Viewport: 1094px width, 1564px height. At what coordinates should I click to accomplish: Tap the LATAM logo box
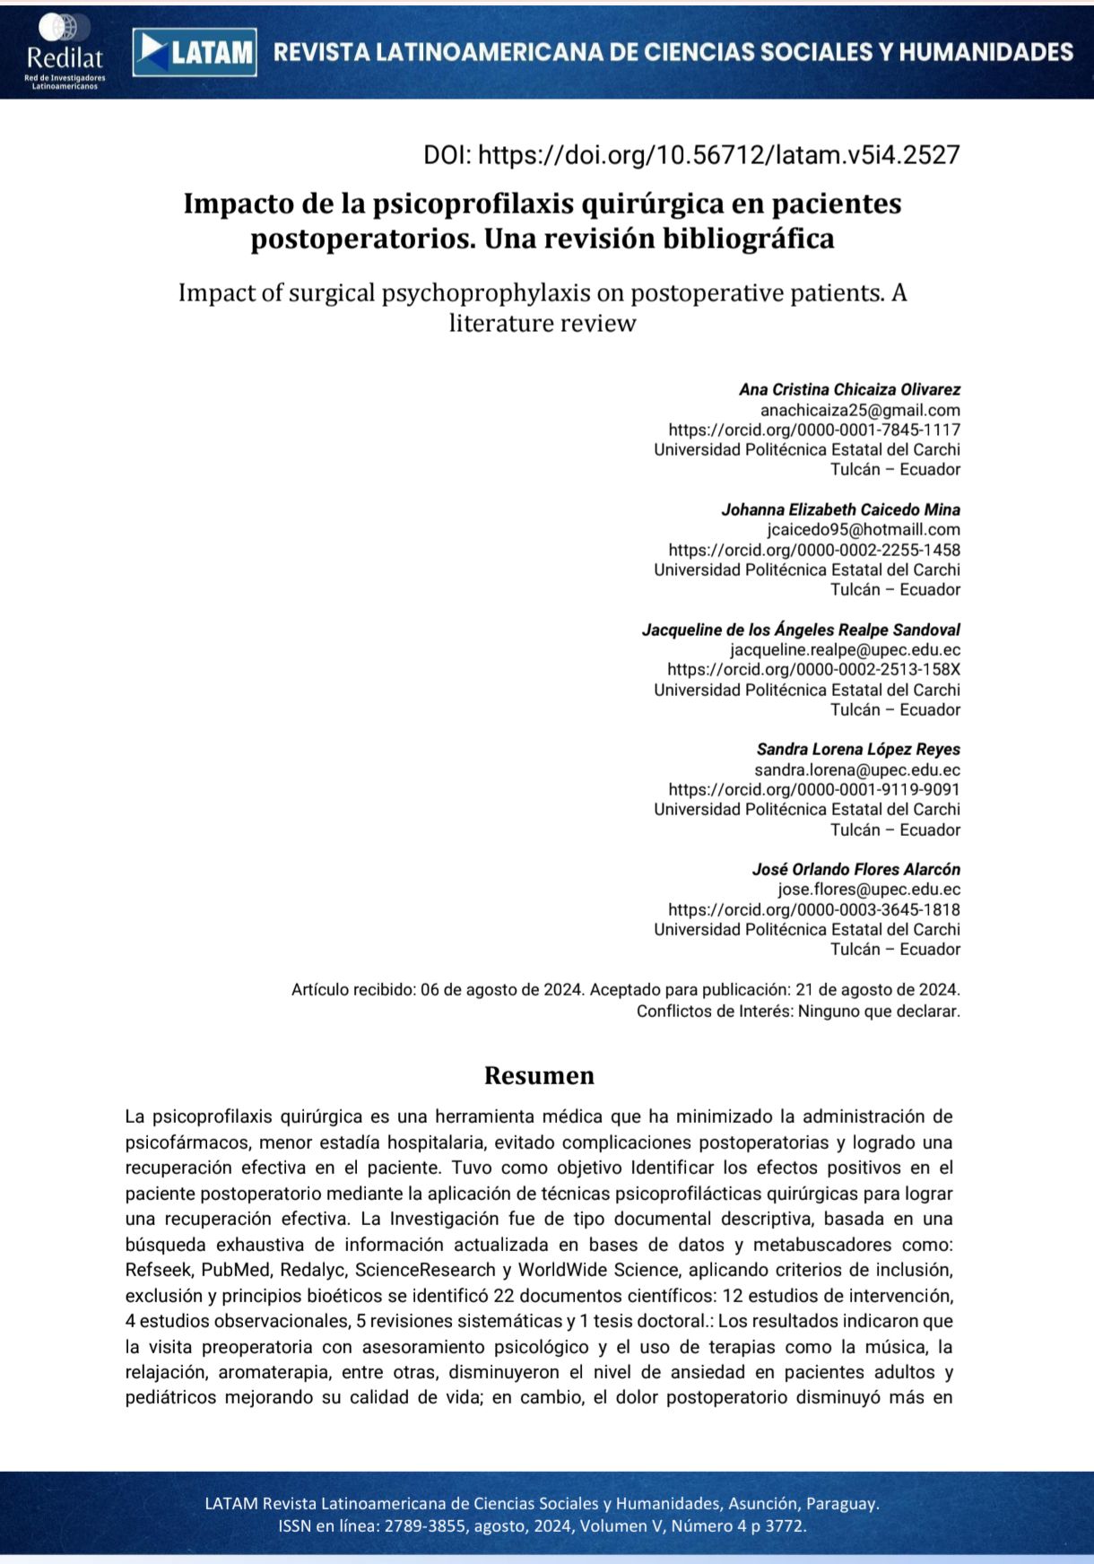(x=195, y=52)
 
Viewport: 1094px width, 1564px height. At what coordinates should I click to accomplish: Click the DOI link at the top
(x=691, y=155)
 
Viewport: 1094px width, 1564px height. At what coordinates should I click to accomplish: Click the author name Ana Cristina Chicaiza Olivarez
(x=849, y=389)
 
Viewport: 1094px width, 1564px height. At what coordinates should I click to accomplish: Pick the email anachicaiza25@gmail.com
(x=860, y=410)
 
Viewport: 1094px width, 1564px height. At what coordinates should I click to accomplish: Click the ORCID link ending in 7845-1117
(x=813, y=430)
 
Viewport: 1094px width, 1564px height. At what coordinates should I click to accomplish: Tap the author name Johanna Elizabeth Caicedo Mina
(x=840, y=509)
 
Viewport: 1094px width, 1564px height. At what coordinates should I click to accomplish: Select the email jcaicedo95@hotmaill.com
(x=864, y=529)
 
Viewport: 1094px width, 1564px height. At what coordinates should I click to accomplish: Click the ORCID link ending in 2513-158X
(x=813, y=669)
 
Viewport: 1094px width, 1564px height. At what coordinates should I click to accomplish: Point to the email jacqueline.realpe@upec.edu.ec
(x=845, y=649)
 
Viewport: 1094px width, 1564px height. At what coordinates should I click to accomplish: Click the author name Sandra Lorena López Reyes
(x=858, y=749)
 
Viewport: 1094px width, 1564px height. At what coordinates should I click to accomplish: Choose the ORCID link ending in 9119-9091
(x=813, y=789)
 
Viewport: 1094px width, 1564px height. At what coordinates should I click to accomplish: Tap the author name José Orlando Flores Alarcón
(x=855, y=869)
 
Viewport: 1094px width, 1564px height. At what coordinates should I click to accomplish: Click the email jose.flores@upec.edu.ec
(x=868, y=889)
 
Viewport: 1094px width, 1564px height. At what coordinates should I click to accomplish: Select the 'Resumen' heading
(x=539, y=1075)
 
